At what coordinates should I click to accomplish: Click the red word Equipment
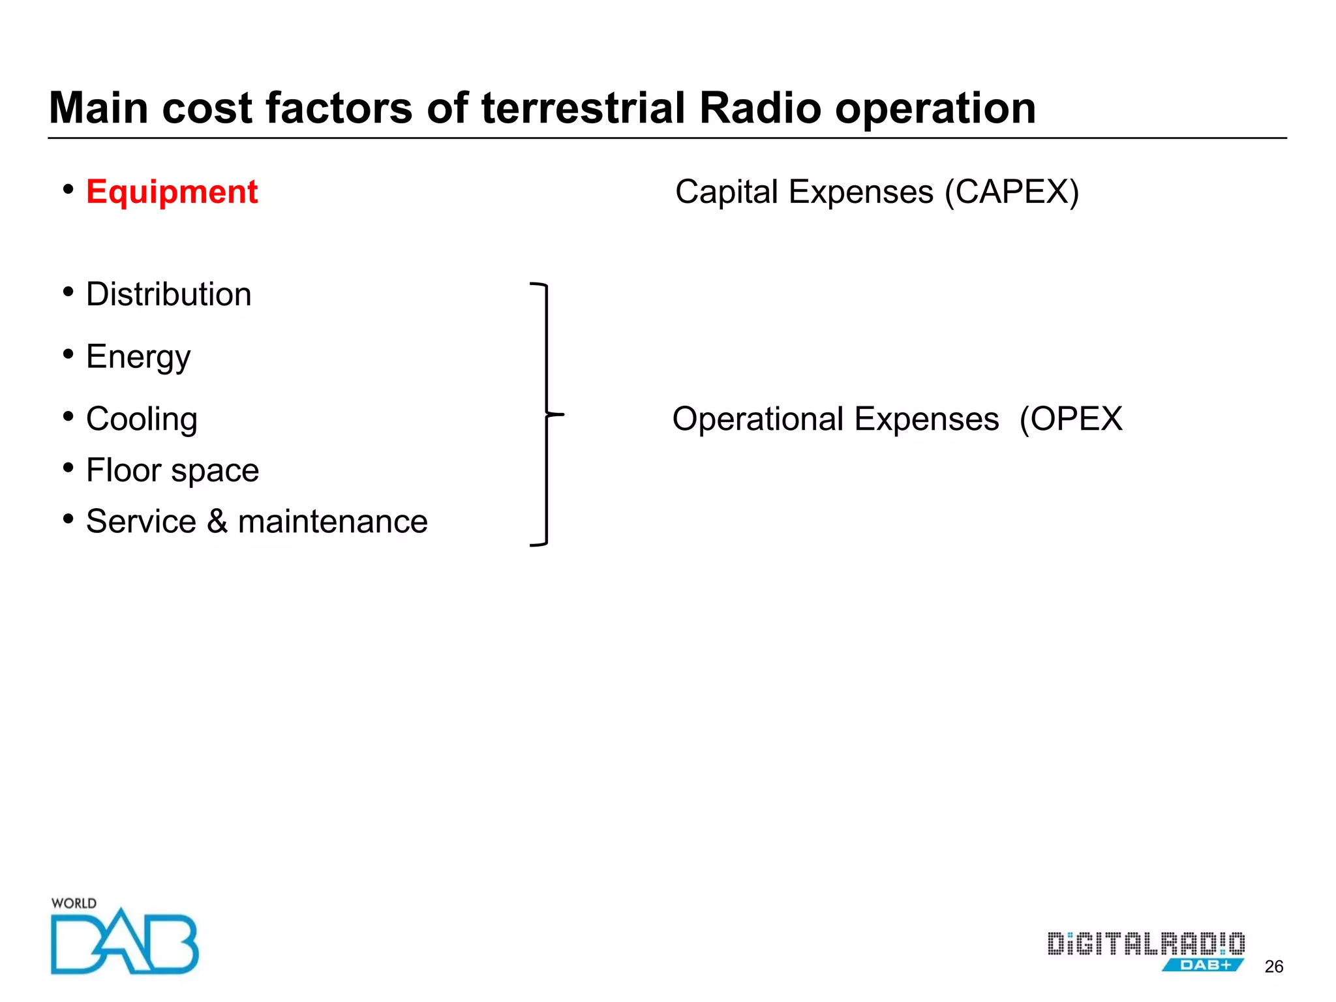(172, 192)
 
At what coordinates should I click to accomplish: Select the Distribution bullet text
(168, 294)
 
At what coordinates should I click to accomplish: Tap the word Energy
(138, 357)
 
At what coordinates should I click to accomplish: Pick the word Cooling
(142, 419)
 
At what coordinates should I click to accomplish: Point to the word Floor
(124, 470)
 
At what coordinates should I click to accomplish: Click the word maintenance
(333, 522)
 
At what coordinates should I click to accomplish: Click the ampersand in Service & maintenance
(217, 521)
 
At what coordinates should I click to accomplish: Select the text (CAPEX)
(1012, 192)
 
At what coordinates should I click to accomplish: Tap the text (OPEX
(1071, 419)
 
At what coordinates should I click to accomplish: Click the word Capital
(727, 192)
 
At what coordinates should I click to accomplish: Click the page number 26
(1273, 967)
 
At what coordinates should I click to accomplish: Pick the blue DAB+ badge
(1204, 965)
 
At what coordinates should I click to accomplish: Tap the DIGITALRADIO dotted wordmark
(1146, 944)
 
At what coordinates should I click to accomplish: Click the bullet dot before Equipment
(68, 190)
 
